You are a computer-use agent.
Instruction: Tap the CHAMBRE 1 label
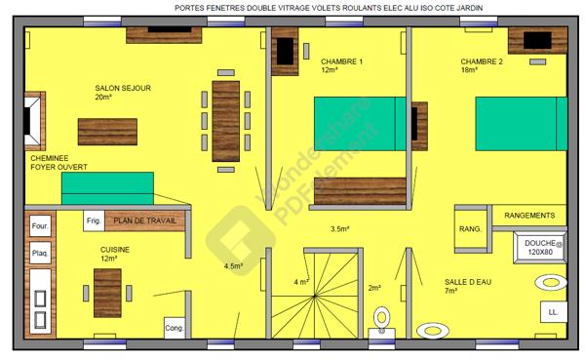click(x=342, y=65)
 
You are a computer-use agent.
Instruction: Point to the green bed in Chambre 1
click(x=360, y=126)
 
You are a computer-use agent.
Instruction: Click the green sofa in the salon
click(x=107, y=188)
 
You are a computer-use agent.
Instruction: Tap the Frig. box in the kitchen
click(x=95, y=221)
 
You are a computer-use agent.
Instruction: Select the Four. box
click(x=41, y=228)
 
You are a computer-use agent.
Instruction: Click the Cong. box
click(x=175, y=328)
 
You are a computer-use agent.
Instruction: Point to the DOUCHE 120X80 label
click(x=539, y=247)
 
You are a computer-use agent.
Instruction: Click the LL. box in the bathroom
click(x=553, y=312)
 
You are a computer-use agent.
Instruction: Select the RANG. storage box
click(x=470, y=229)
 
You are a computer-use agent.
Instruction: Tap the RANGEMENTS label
click(x=529, y=216)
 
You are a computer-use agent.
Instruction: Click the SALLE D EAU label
click(x=466, y=285)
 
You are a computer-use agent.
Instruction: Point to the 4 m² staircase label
click(x=301, y=282)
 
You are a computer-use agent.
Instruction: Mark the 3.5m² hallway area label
click(x=340, y=229)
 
